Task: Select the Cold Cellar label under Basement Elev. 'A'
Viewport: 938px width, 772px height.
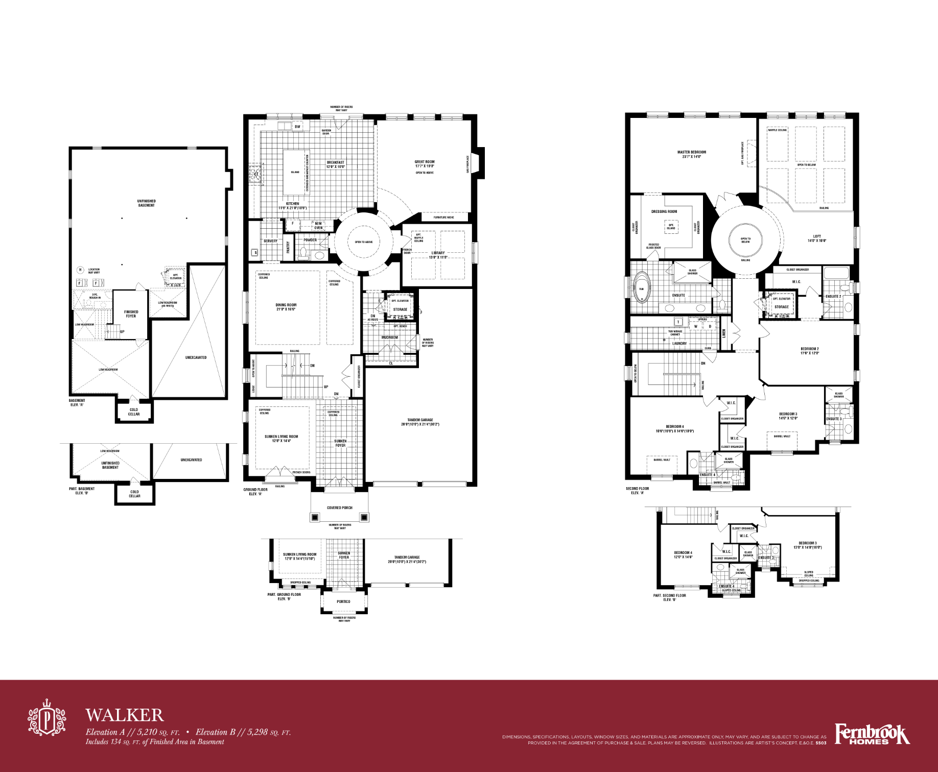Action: click(x=134, y=412)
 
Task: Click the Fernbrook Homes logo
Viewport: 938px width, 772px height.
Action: click(x=872, y=734)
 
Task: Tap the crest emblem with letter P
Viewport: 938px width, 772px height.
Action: click(x=46, y=718)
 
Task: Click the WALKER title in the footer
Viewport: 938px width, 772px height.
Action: click(x=124, y=715)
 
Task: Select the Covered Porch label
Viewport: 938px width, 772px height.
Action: click(x=340, y=508)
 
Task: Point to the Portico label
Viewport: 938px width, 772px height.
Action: click(x=343, y=601)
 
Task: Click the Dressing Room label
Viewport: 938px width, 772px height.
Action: click(x=664, y=211)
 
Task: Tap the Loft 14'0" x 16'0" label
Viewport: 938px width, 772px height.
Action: click(x=817, y=238)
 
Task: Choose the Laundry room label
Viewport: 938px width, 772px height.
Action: click(x=679, y=344)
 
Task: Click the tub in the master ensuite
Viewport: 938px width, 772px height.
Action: click(x=642, y=288)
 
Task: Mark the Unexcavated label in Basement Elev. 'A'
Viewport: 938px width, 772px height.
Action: click(x=196, y=357)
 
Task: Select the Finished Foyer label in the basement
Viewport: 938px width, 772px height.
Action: click(x=131, y=313)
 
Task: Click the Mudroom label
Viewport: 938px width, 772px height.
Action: click(x=389, y=337)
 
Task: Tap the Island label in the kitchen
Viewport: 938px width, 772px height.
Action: click(x=295, y=172)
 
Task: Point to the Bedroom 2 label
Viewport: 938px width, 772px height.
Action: click(x=809, y=351)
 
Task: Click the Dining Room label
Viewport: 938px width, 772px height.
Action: click(x=286, y=307)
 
